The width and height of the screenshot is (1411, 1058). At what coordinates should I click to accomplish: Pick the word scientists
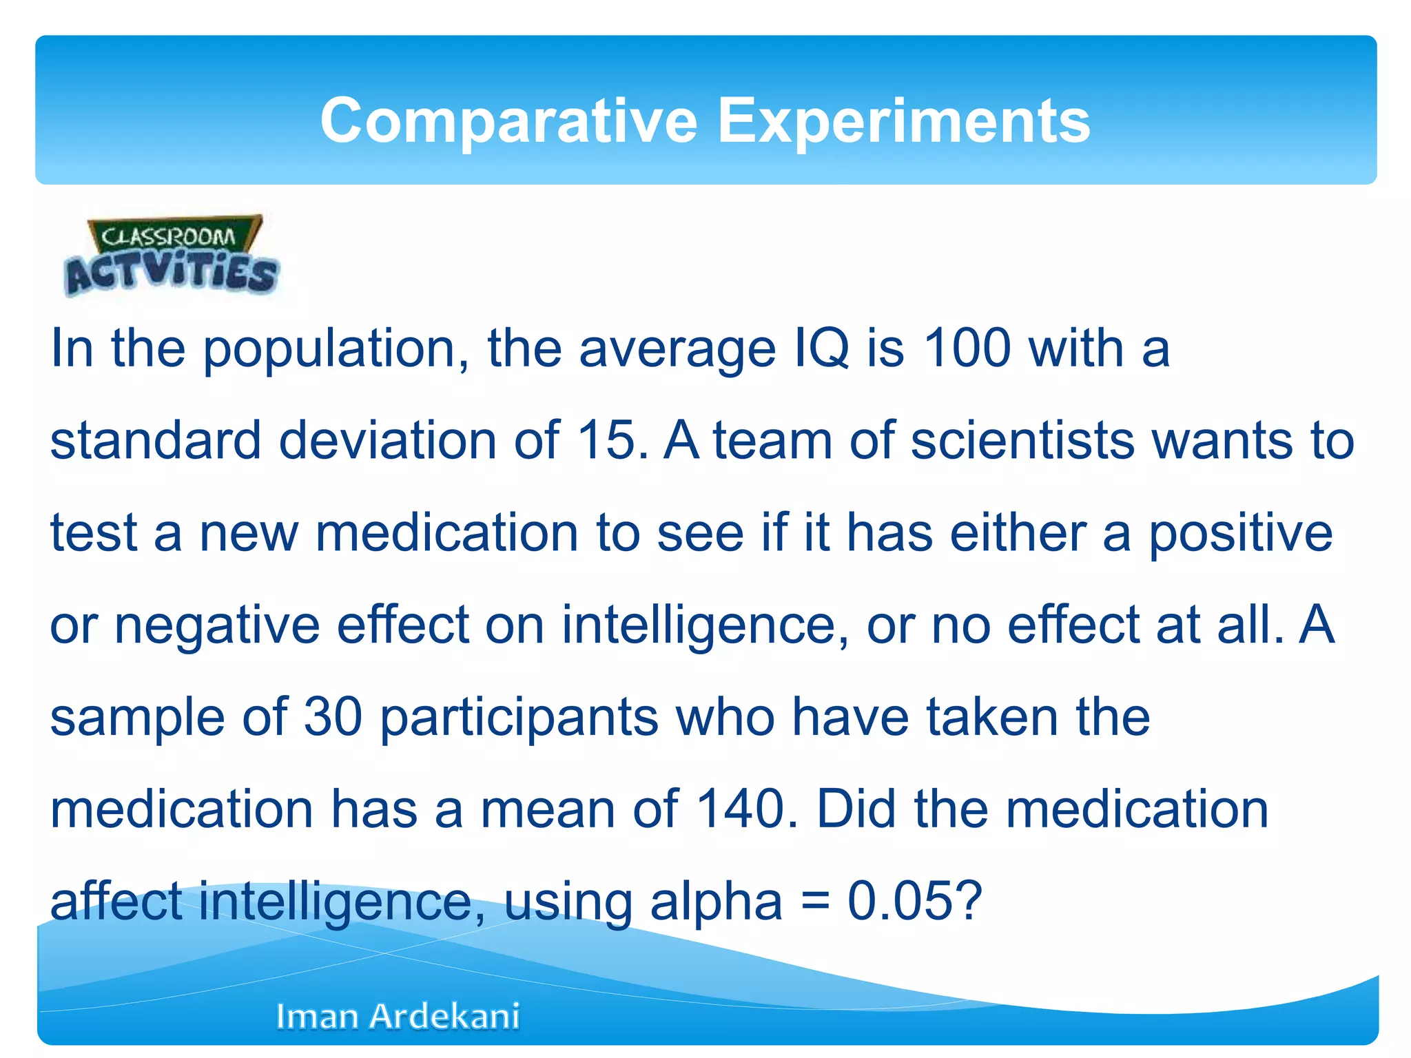coord(1022,440)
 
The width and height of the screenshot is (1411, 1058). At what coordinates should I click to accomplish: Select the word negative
coord(217,625)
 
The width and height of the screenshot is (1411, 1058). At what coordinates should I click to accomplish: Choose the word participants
coord(519,717)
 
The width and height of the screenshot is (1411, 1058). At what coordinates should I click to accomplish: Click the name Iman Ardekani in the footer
coord(398,1016)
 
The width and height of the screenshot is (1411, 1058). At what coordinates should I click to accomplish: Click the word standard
coord(156,440)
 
